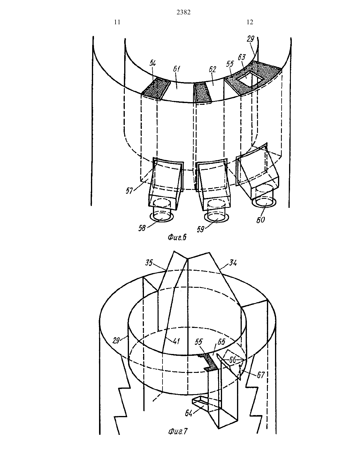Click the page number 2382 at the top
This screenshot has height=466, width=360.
point(183,13)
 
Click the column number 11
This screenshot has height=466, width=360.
point(117,22)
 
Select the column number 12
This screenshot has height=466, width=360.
point(250,22)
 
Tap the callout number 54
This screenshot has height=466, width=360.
point(153,63)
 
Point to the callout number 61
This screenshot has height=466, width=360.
point(176,69)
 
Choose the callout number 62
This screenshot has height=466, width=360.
point(212,69)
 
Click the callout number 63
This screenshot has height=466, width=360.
point(242,58)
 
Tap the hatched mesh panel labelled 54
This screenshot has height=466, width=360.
point(156,88)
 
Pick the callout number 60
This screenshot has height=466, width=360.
point(261,220)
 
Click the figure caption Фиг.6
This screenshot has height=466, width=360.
point(177,237)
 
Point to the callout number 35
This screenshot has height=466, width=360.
point(149,263)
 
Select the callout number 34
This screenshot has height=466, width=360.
point(233,263)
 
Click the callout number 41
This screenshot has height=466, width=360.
point(176,341)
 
